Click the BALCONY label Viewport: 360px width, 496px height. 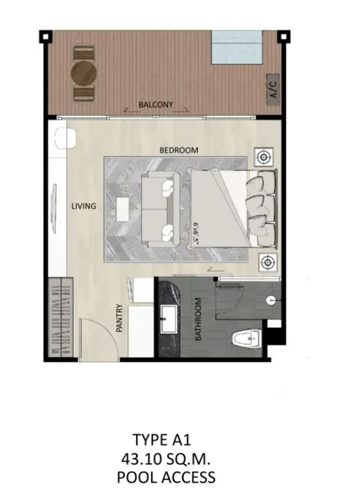tap(156, 104)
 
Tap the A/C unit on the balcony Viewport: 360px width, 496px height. tap(273, 90)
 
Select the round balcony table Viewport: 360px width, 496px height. tap(83, 74)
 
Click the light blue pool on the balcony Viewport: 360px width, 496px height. tap(237, 48)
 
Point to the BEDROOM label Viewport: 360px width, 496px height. tap(179, 150)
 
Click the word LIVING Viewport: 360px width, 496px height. tap(83, 206)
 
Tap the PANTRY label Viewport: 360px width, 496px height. tap(119, 318)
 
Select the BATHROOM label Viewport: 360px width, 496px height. tap(198, 319)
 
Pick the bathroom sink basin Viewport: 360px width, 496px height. tap(169, 319)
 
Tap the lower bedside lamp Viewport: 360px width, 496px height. tap(268, 262)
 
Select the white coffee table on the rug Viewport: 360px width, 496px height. tap(122, 209)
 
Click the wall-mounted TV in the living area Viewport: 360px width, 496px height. tap(54, 208)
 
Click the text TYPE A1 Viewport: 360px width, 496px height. tap(162, 440)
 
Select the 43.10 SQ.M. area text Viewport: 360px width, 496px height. tap(166, 459)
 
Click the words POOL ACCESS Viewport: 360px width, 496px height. tap(166, 477)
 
